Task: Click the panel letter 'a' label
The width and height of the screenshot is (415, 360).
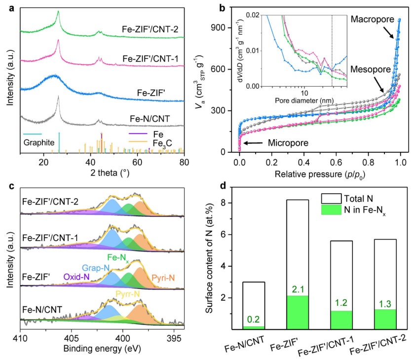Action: (x=9, y=6)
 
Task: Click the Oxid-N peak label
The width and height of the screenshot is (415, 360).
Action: (x=76, y=277)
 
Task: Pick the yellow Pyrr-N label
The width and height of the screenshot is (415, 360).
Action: (x=127, y=294)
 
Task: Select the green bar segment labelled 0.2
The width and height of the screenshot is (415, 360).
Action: (x=254, y=327)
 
